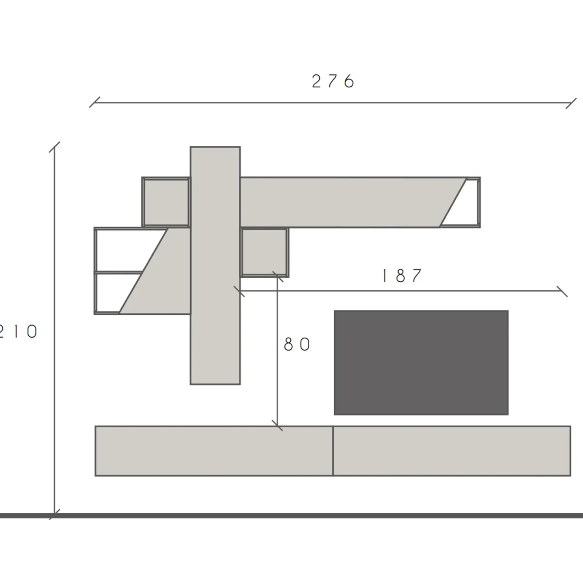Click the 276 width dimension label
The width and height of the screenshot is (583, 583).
point(333,82)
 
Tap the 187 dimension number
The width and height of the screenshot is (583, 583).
point(402,276)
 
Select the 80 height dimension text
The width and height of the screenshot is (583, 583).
point(297,345)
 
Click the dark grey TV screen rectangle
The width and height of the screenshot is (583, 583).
point(421,362)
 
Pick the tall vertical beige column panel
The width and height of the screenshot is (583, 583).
point(215,266)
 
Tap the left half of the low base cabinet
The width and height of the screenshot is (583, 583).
point(214,451)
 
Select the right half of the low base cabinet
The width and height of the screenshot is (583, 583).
point(452,451)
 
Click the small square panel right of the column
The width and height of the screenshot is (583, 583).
point(264,252)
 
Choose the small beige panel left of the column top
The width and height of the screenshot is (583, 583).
point(166,202)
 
